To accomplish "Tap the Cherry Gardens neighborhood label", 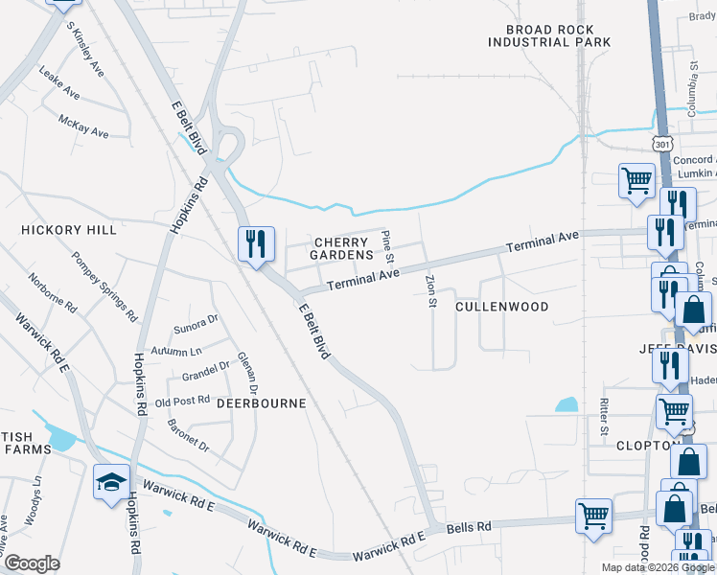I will pos(341,249).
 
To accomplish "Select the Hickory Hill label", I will pos(69,230).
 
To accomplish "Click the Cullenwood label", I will pos(501,307).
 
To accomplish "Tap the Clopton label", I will pos(648,446).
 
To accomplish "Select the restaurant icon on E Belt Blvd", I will pos(256,243).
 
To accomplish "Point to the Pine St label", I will pos(387,246).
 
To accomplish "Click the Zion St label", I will pos(430,290).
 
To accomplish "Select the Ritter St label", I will pos(604,417).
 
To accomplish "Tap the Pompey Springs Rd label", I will pos(104,286).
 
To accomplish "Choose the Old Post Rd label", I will pos(181,402).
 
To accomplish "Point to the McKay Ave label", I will pos(83,126).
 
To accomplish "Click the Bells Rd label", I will pos(471,527).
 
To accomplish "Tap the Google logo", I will pos(33,563).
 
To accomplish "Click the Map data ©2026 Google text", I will pos(657,567).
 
